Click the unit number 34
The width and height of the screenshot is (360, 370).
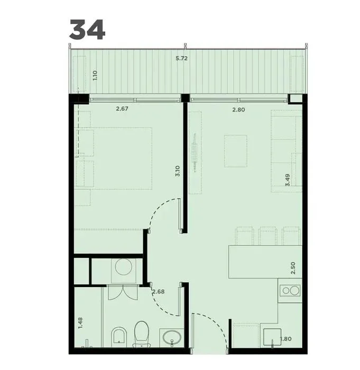87,30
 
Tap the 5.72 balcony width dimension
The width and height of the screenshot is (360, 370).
181,58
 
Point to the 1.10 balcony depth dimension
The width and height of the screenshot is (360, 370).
95,76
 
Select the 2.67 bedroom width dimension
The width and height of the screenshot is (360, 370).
122,109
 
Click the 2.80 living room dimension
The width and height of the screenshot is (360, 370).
238,110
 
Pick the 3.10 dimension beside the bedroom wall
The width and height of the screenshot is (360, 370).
178,171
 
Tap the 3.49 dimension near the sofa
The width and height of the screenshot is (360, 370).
287,180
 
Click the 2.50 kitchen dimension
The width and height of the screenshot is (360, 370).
293,268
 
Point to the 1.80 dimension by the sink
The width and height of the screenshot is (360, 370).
286,339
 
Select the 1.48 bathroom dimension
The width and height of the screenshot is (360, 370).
80,323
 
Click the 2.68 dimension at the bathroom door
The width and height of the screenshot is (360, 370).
159,292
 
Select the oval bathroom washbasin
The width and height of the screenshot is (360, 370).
172,337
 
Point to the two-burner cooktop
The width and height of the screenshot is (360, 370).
290,291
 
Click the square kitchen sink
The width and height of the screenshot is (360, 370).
272,337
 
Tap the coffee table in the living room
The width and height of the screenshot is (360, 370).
236,151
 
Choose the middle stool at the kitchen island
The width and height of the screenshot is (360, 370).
267,236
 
